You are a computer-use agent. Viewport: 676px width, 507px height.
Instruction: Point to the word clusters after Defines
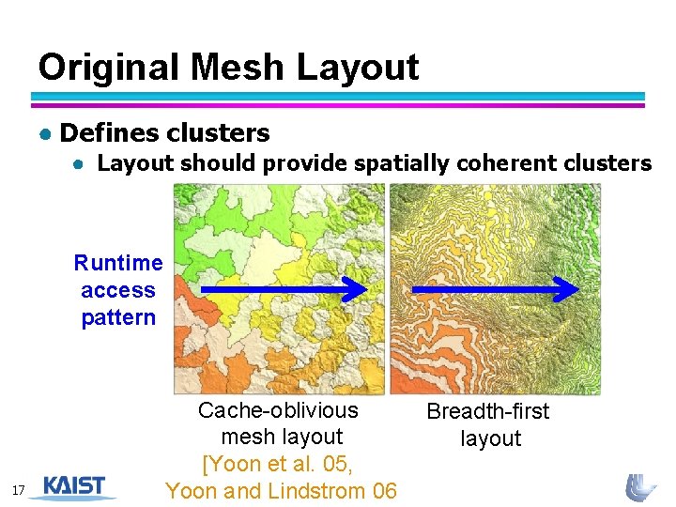218,133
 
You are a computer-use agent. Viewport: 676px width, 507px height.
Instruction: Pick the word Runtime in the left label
118,263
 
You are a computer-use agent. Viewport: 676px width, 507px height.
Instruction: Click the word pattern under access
118,317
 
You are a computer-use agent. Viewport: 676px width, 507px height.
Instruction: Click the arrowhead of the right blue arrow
570,290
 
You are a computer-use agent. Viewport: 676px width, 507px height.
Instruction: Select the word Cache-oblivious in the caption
278,410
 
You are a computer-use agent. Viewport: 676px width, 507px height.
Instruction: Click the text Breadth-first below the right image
488,411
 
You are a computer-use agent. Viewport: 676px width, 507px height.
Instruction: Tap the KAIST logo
79,486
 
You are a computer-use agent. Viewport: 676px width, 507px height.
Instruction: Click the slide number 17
20,490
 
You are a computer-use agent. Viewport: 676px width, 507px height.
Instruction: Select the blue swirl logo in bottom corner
641,487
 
